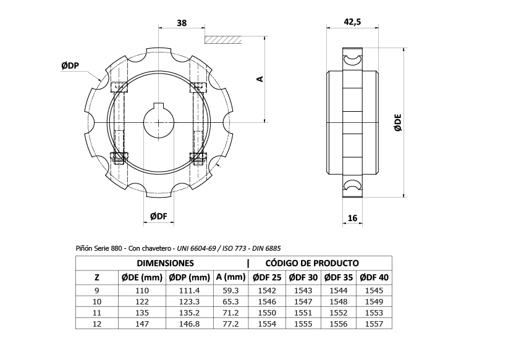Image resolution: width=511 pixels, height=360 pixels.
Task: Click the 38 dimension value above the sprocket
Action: point(182,23)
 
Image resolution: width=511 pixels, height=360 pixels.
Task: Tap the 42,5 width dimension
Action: point(352,22)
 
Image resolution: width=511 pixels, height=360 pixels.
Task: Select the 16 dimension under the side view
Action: point(352,218)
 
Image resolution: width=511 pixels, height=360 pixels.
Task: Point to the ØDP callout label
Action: point(70,65)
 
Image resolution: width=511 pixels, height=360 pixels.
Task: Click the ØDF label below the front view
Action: point(159,216)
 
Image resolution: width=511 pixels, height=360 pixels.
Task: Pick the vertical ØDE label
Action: point(398,123)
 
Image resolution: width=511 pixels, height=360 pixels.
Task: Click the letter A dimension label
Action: point(260,79)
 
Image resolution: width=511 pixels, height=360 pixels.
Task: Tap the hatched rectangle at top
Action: point(223,40)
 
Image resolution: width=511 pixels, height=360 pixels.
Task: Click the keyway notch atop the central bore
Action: point(159,106)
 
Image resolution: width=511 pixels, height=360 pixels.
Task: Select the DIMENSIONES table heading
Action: point(165,263)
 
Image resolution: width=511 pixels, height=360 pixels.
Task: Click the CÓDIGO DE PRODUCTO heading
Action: point(312,263)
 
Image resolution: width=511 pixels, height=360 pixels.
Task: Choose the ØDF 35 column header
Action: point(339,277)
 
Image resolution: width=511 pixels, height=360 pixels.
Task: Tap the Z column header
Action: point(97,278)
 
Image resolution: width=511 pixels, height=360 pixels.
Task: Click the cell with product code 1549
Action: point(374,301)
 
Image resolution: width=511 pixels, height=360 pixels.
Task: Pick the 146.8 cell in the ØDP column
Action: point(190,324)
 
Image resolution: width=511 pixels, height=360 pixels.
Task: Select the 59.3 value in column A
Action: point(230,290)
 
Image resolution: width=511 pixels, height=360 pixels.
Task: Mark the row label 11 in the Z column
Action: point(97,312)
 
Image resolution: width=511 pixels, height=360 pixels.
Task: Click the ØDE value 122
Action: point(142,301)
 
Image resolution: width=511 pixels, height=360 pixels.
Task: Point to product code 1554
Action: point(267,324)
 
